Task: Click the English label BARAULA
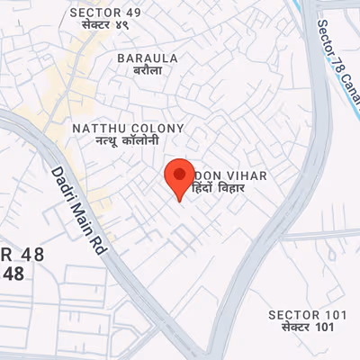[148, 58]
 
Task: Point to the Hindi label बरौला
[148, 71]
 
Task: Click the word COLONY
[157, 129]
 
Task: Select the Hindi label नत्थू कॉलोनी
[128, 142]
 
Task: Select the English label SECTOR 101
[307, 314]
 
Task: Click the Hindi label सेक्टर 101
[307, 328]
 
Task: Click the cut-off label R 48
[12, 256]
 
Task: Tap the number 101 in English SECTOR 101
[333, 314]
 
